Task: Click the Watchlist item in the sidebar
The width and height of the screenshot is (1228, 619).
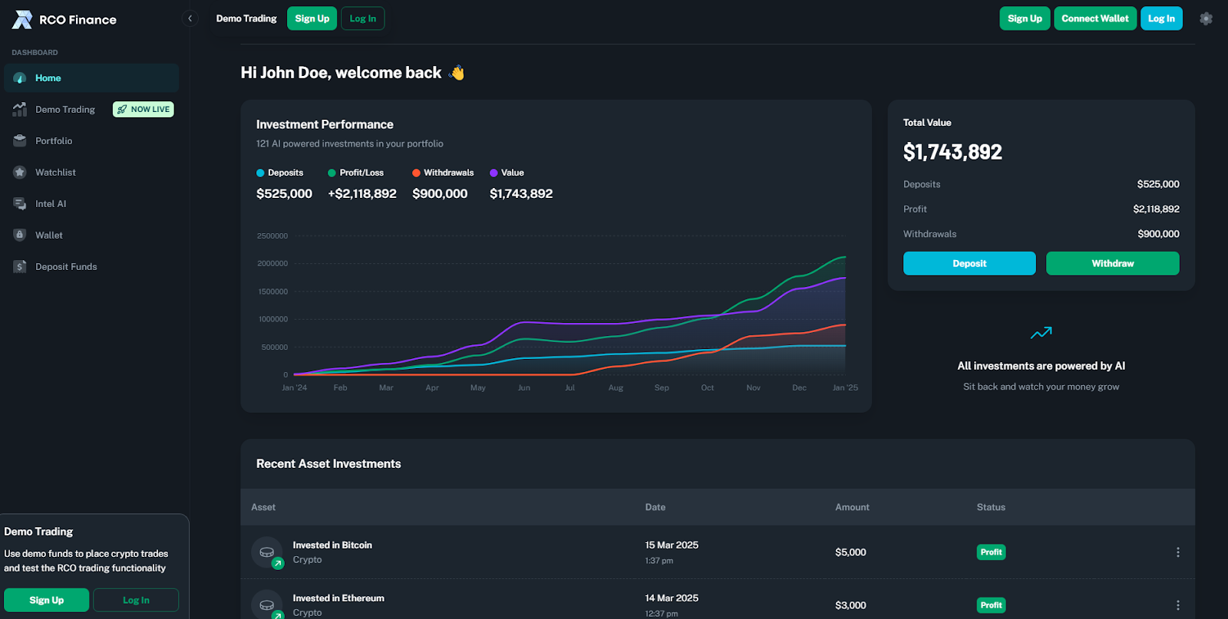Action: [x=54, y=173]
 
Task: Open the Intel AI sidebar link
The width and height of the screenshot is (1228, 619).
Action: [x=50, y=204]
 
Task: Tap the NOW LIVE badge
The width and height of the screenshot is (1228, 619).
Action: [x=144, y=110]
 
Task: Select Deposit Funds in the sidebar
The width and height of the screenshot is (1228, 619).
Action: [x=65, y=267]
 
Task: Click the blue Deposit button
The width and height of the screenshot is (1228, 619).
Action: [x=969, y=263]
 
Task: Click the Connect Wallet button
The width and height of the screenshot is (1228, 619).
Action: [x=1094, y=18]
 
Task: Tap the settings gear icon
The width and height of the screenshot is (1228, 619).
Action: [x=1206, y=18]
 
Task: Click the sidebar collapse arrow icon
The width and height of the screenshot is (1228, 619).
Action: [x=190, y=18]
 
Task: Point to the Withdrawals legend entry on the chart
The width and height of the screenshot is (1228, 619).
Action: [x=443, y=173]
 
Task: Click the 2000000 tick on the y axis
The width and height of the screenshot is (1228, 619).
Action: [x=272, y=264]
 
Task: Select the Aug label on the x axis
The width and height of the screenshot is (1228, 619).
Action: [x=616, y=388]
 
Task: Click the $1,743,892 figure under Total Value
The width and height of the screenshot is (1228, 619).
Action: [x=952, y=152]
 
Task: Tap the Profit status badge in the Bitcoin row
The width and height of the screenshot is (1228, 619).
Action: [x=991, y=552]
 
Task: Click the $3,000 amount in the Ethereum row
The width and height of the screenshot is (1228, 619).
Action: [x=850, y=605]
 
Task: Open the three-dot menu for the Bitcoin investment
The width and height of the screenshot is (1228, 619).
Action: [x=1177, y=552]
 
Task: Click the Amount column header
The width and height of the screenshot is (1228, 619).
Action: [x=852, y=507]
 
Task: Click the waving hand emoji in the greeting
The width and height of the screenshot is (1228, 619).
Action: [x=457, y=73]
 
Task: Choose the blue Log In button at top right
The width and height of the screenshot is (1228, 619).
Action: [x=1160, y=18]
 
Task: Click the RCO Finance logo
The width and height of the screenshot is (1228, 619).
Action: [x=64, y=20]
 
